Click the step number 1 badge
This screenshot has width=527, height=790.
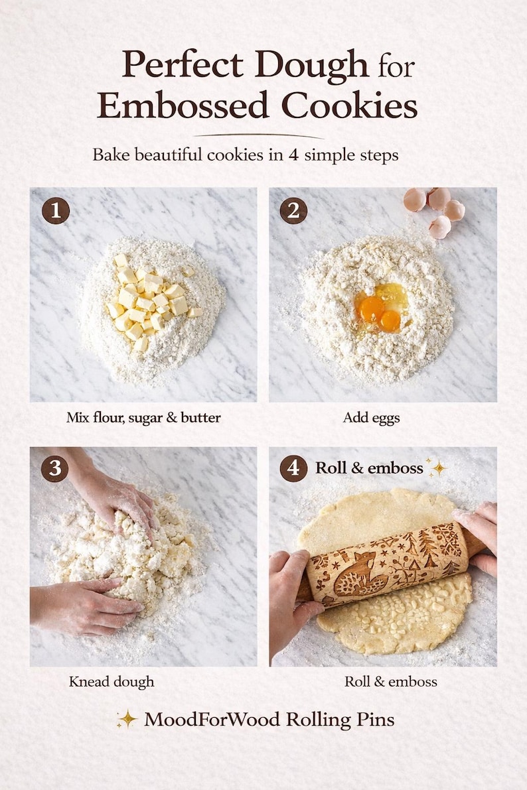click(56, 211)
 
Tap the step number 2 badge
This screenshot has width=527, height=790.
click(293, 211)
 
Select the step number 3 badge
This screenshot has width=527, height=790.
click(54, 469)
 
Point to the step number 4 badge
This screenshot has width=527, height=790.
click(293, 468)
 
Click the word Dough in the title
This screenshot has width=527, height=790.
click(311, 65)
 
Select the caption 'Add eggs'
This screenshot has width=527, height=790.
click(371, 418)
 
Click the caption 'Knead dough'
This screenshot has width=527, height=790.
click(112, 681)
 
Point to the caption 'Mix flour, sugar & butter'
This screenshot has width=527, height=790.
click(143, 418)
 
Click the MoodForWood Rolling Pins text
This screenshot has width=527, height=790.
click(269, 719)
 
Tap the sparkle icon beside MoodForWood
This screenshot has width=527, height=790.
click(126, 719)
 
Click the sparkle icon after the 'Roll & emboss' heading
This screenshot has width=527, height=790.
click(437, 467)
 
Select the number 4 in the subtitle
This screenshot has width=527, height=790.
click(293, 155)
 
